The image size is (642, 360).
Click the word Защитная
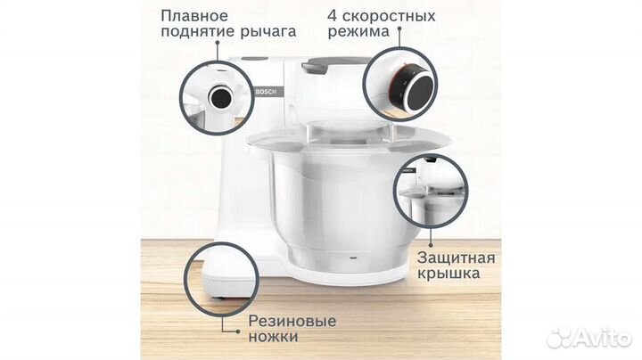click(456, 257)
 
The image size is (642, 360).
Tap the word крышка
click(449, 274)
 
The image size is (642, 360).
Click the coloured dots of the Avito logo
click(559, 338)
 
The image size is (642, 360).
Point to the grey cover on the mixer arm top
click(334, 64)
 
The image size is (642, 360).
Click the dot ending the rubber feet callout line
click(238, 328)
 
